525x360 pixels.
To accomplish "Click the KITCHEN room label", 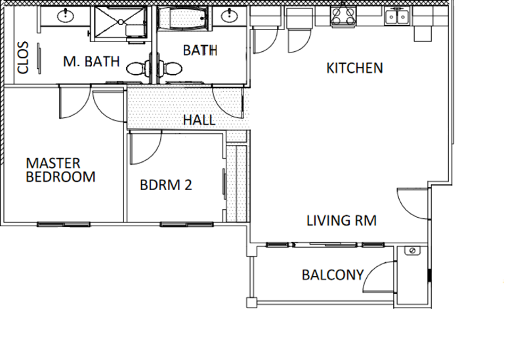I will [354, 68].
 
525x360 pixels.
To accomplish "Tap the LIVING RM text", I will [341, 220].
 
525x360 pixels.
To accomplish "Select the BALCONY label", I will [332, 275].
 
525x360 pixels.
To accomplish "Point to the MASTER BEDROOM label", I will [60, 170].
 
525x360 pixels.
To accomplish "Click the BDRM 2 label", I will [165, 185].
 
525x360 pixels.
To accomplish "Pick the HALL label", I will [199, 121].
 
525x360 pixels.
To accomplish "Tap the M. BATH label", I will [91, 62].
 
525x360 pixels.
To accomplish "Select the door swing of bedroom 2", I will [144, 148].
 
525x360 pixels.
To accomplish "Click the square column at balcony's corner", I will [250, 303].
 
